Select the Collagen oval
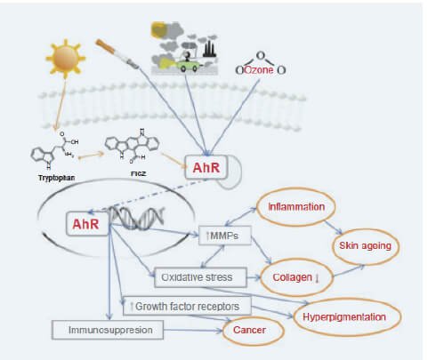(297, 279)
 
